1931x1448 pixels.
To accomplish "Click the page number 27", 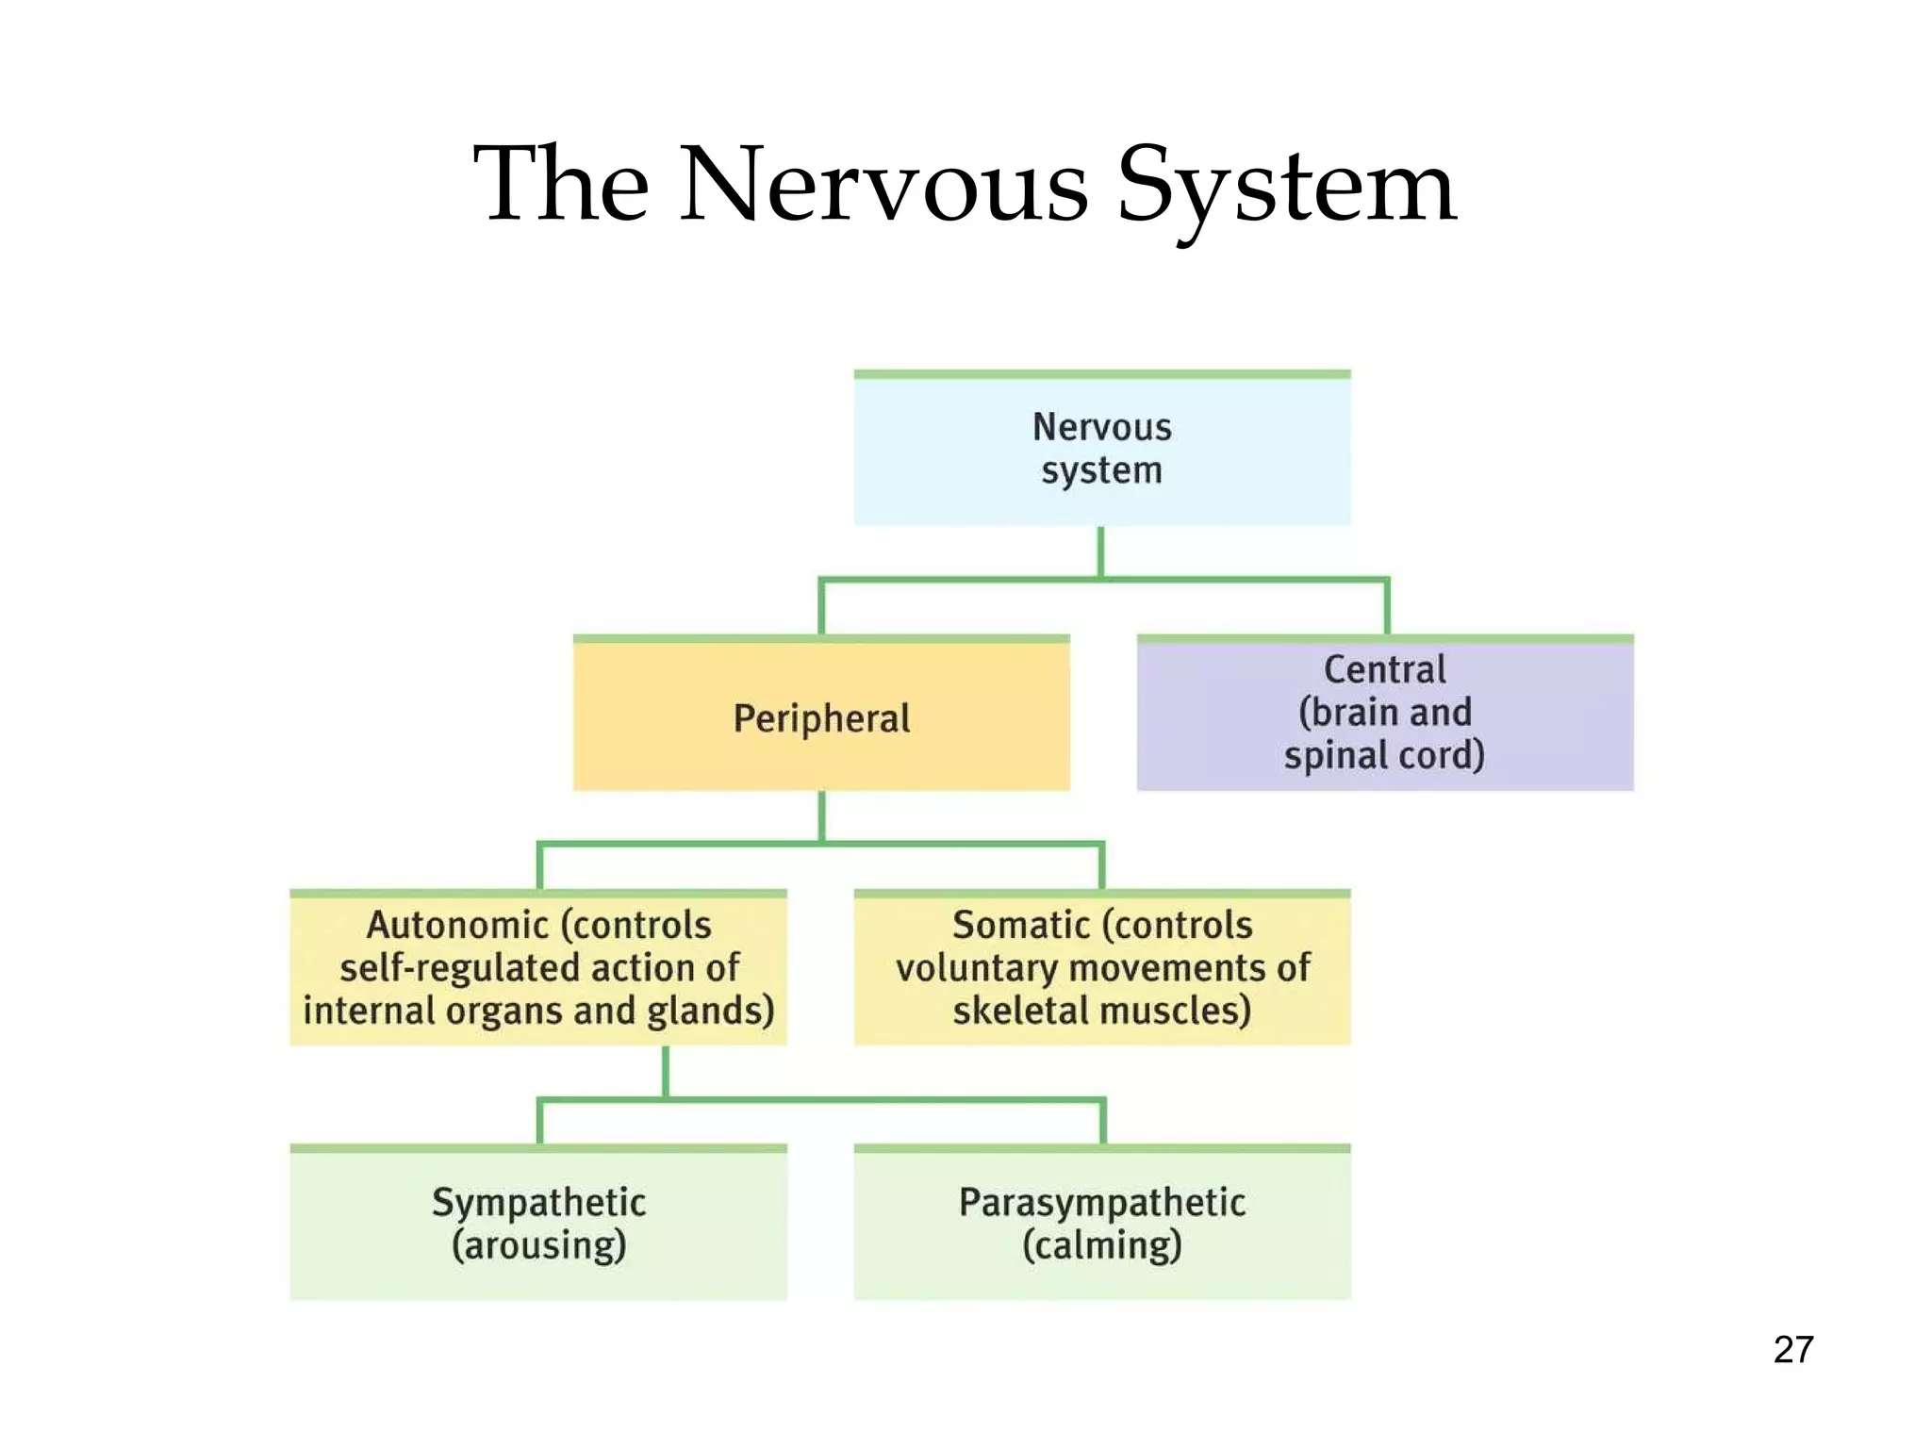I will pyautogui.click(x=1792, y=1350).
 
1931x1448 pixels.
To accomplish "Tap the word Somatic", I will pyautogui.click(x=1021, y=926).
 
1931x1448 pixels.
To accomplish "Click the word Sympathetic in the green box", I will pyautogui.click(x=538, y=1203).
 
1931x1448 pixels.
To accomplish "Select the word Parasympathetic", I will pyautogui.click(x=1101, y=1203).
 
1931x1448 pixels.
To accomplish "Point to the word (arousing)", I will pyautogui.click(x=538, y=1245).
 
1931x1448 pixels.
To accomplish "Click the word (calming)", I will pyautogui.click(x=1101, y=1245).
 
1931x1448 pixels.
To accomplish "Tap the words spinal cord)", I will pyautogui.click(x=1383, y=756).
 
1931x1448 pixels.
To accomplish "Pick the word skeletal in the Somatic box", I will pyautogui.click(x=1020, y=1011).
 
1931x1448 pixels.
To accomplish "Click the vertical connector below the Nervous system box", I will pyautogui.click(x=1100, y=551).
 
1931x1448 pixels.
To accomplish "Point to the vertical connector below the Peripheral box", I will pyautogui.click(x=821, y=815).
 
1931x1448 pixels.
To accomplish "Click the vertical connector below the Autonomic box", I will pyautogui.click(x=666, y=1072).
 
